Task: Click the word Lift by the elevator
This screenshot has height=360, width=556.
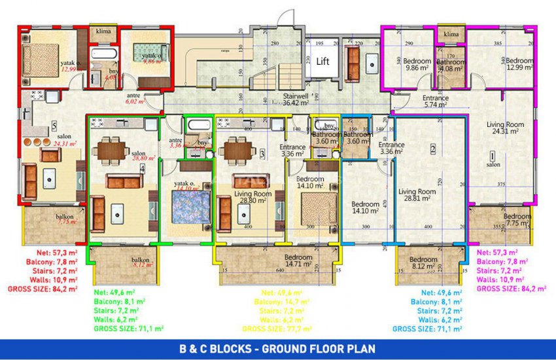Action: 322,62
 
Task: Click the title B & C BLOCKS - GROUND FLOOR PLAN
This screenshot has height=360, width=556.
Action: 278,348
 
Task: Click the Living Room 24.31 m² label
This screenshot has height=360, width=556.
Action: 506,128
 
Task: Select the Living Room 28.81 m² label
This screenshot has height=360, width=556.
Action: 417,195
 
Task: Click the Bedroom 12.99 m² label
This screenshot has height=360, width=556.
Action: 519,64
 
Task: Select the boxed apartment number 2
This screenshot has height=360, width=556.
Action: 432,149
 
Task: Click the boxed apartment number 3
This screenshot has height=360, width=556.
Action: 262,154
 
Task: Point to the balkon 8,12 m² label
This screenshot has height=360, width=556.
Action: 140,262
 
